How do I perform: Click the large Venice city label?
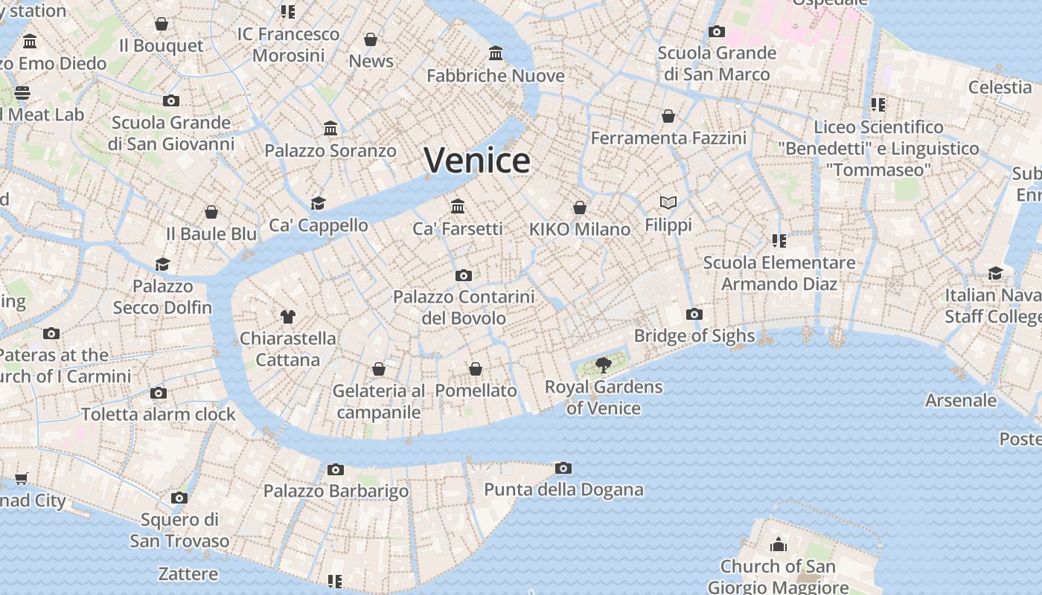click(477, 161)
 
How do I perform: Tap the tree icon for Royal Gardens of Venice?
click(604, 365)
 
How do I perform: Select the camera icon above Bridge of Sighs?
click(694, 314)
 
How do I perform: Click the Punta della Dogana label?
click(563, 489)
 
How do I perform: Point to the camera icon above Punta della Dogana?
click(563, 468)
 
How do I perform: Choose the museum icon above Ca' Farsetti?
click(458, 206)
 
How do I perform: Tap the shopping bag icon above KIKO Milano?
click(580, 208)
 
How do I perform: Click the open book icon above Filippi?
click(668, 202)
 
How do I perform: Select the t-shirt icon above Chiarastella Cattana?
click(288, 316)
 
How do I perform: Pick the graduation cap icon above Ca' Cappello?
click(319, 203)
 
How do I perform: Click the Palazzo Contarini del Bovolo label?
click(464, 307)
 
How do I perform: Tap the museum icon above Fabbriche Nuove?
click(496, 54)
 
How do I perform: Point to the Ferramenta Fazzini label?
click(668, 138)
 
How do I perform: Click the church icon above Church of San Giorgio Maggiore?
click(779, 544)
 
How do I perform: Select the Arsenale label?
click(960, 400)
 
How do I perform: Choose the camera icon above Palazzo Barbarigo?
click(336, 469)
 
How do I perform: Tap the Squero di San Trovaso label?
click(179, 530)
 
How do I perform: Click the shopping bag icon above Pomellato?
click(476, 369)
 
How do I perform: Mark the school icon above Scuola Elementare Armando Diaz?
click(779, 240)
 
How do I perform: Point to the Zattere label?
click(188, 573)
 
